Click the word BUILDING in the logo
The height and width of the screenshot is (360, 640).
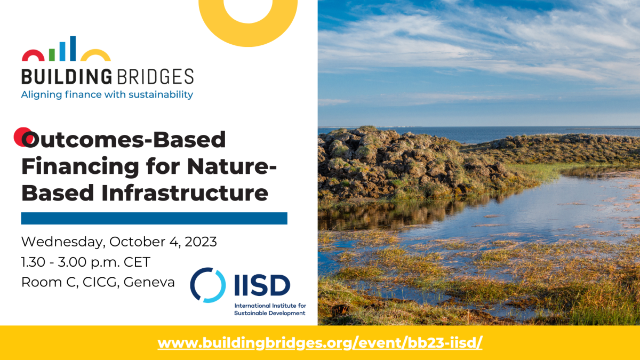(66, 76)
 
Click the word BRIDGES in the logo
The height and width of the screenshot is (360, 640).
(154, 76)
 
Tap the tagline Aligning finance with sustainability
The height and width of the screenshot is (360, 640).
(107, 95)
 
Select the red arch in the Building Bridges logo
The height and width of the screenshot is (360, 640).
(33, 55)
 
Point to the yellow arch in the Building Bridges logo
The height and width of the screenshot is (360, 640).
(95, 55)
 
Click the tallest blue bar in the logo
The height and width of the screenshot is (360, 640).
(73, 49)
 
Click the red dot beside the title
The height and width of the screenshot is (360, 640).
(21, 137)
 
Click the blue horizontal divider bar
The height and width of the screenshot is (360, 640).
(154, 218)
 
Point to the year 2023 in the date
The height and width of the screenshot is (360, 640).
(201, 242)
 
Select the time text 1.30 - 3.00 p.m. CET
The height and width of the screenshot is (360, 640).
(86, 262)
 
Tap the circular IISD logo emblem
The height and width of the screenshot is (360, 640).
(207, 285)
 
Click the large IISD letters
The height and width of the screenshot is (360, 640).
(262, 285)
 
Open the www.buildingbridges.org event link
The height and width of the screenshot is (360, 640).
(320, 342)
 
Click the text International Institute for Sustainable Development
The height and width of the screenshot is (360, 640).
(269, 309)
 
